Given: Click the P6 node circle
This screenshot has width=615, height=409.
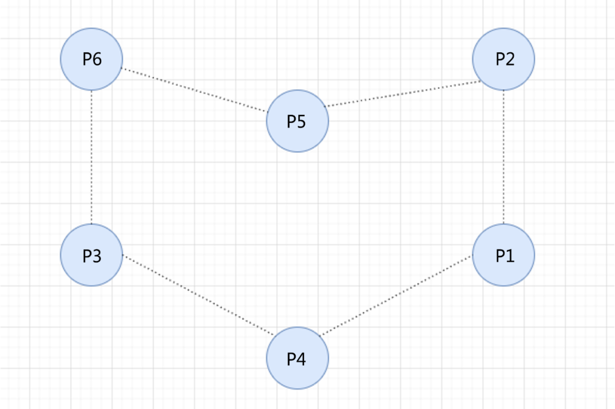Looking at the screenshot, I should click(x=92, y=59).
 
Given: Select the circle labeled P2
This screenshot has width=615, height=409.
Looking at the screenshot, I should click(x=503, y=59).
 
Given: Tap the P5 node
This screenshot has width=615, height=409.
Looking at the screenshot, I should click(x=297, y=121).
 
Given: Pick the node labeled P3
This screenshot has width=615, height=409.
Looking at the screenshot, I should click(x=92, y=255).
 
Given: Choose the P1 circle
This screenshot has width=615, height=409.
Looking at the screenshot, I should click(x=503, y=255).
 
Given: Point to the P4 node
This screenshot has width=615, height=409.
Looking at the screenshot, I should click(x=297, y=358).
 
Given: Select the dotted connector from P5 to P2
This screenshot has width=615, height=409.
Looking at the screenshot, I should click(x=402, y=93).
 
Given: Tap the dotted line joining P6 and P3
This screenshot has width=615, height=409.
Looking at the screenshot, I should click(x=92, y=157).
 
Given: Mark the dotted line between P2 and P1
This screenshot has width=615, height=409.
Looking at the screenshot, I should click(x=504, y=157).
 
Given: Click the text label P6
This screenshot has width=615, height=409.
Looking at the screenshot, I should click(x=92, y=59).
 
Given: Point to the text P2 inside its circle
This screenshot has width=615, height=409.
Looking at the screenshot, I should click(x=505, y=59).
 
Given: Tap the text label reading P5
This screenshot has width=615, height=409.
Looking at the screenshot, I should click(x=296, y=121).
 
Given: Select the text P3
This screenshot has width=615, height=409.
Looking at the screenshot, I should click(x=92, y=256).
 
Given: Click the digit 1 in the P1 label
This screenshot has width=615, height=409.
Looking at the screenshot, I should click(x=510, y=256).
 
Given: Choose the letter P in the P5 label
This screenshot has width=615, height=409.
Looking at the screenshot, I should click(x=291, y=121).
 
